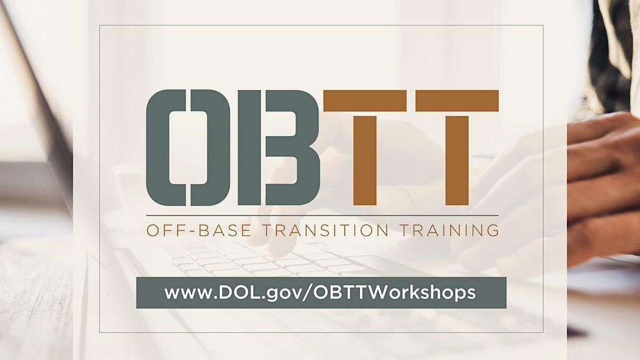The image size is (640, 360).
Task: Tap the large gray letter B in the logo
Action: coord(278,148)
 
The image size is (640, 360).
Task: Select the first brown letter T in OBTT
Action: coord(365,148)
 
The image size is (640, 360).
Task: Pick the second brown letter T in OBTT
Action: coord(457,148)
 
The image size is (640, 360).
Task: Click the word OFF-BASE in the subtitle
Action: coord(199,230)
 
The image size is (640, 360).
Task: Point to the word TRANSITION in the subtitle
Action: coord(325,230)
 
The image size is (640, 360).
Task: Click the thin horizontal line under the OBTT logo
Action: coord(322,215)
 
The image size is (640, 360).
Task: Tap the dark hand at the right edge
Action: coord(603,189)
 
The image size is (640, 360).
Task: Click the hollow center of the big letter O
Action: coord(188,148)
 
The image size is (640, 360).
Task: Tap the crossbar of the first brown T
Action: coord(365,101)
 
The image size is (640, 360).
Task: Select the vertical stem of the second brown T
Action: coord(457,161)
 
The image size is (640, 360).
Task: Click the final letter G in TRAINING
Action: coord(492,230)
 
